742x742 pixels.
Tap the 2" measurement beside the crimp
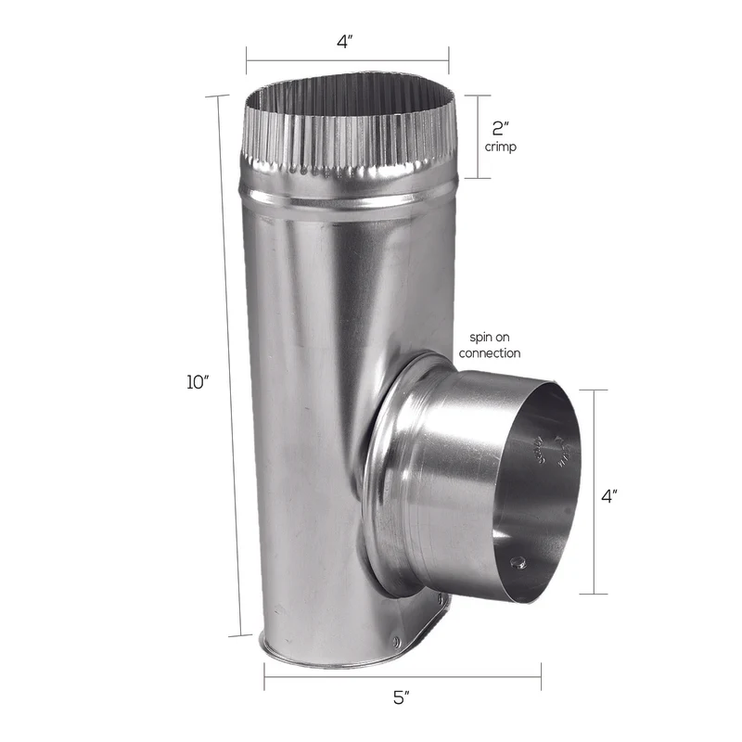(502, 128)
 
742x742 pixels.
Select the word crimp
(501, 147)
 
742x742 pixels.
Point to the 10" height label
(198, 381)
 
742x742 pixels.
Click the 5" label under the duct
(402, 698)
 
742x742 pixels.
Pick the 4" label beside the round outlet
(609, 496)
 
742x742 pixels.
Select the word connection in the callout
(489, 353)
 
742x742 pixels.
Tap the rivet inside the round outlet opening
(518, 561)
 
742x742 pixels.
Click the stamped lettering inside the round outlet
(547, 449)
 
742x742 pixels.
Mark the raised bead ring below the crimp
(348, 202)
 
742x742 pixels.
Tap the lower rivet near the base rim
(396, 641)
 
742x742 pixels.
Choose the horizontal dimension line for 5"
(402, 676)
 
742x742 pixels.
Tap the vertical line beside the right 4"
(594, 492)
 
